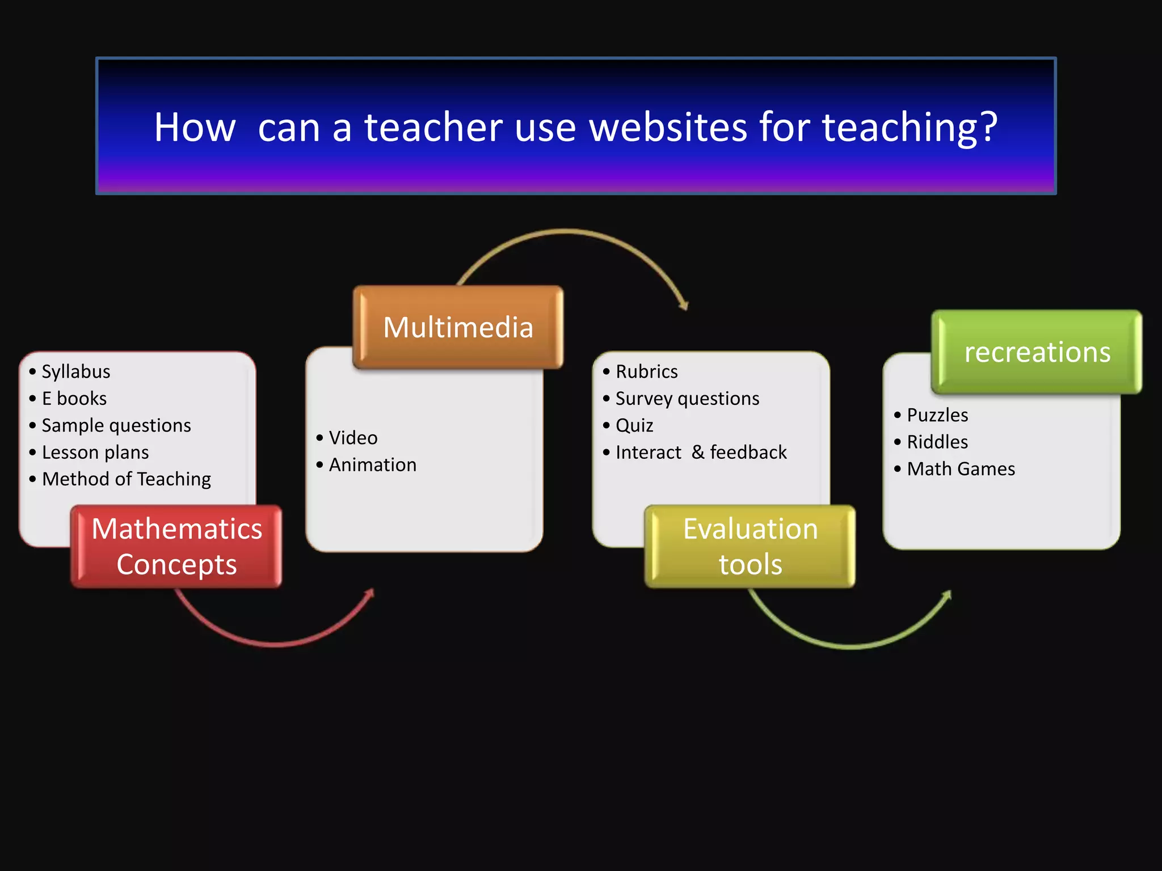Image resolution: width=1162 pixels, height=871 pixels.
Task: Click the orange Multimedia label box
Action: (x=458, y=327)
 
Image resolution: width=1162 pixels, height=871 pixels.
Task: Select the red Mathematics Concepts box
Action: (x=176, y=546)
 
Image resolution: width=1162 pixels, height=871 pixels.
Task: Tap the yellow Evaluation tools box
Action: (x=750, y=546)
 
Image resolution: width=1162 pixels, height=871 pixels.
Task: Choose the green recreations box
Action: (x=1037, y=352)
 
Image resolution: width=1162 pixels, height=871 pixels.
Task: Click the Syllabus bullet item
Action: (x=76, y=371)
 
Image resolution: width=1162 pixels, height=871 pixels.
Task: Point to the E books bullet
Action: (x=74, y=399)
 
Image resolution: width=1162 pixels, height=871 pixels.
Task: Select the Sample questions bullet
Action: (x=116, y=425)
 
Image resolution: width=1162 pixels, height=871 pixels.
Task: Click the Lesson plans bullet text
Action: (x=95, y=453)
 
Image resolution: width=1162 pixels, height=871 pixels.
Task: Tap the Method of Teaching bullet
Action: (x=127, y=479)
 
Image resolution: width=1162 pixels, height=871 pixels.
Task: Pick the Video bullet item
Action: (x=353, y=438)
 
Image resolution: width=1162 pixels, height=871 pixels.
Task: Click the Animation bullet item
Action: (x=373, y=465)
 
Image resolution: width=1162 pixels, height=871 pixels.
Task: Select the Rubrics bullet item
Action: (x=647, y=371)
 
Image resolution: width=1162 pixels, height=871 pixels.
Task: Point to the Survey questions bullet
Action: (x=687, y=399)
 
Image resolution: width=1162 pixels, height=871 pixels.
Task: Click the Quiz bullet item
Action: (x=634, y=425)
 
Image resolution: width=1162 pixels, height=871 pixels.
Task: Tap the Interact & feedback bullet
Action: (x=701, y=453)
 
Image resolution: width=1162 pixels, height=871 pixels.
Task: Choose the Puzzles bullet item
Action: (x=937, y=415)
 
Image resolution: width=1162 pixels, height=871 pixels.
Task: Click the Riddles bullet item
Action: (x=937, y=442)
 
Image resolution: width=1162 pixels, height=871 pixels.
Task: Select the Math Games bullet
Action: (x=961, y=469)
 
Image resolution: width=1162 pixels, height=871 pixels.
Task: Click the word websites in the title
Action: (x=668, y=127)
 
